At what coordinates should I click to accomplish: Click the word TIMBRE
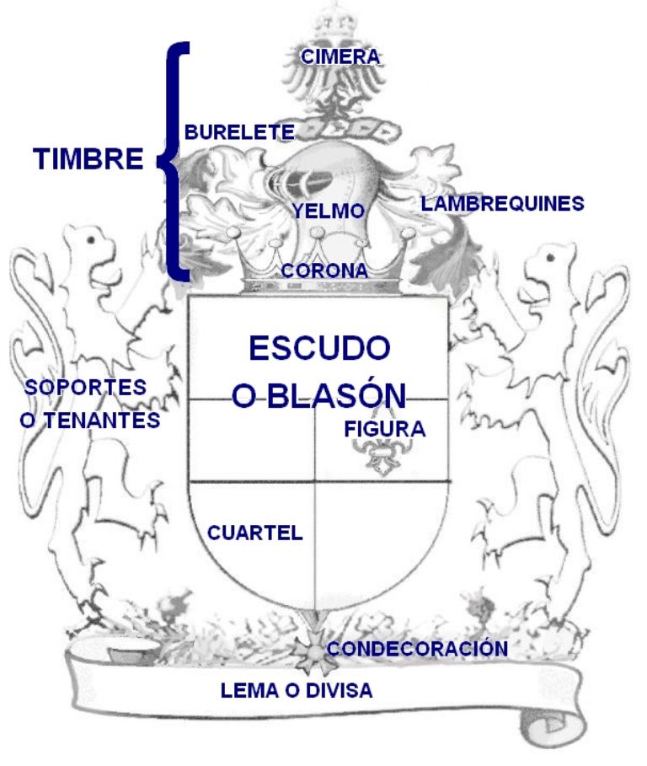(x=88, y=158)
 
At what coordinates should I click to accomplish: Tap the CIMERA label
(x=340, y=56)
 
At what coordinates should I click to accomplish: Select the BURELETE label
(x=240, y=132)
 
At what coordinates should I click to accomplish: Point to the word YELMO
(x=329, y=211)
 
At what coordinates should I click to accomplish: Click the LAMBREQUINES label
(x=502, y=204)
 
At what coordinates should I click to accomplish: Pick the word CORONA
(x=324, y=271)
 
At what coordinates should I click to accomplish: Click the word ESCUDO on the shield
(x=320, y=348)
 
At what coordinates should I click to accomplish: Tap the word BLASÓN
(x=336, y=396)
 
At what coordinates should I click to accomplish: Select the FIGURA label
(x=385, y=429)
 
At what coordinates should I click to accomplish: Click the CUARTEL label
(x=255, y=533)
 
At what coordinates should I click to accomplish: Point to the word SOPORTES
(x=85, y=388)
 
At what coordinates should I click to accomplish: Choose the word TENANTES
(x=103, y=420)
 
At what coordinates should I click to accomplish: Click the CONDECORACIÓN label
(x=418, y=649)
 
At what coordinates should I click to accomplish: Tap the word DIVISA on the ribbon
(x=340, y=690)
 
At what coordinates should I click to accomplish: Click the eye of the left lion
(x=91, y=240)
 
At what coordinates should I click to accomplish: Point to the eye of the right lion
(x=551, y=258)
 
